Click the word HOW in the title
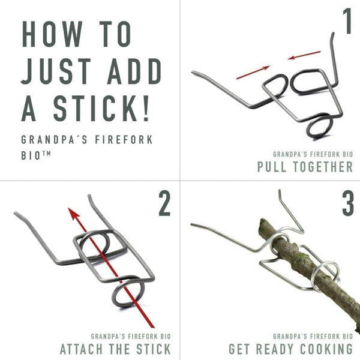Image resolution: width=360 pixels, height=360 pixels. (52, 34)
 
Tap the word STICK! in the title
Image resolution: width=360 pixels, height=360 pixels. (101, 108)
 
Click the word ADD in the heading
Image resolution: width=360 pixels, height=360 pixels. (134, 71)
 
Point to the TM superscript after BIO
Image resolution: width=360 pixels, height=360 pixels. (46, 154)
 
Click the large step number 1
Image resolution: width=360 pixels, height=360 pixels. (347, 21)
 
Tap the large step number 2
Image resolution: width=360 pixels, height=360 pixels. (164, 203)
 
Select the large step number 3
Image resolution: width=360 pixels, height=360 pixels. (348, 203)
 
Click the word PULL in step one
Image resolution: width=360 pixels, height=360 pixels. (272, 167)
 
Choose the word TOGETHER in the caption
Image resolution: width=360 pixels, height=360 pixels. (323, 167)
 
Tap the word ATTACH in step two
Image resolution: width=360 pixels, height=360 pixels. (81, 349)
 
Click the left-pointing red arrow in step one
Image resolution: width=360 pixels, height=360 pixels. (304, 55)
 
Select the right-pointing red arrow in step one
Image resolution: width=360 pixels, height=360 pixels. (253, 73)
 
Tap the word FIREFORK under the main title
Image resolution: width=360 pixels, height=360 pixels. (124, 140)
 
